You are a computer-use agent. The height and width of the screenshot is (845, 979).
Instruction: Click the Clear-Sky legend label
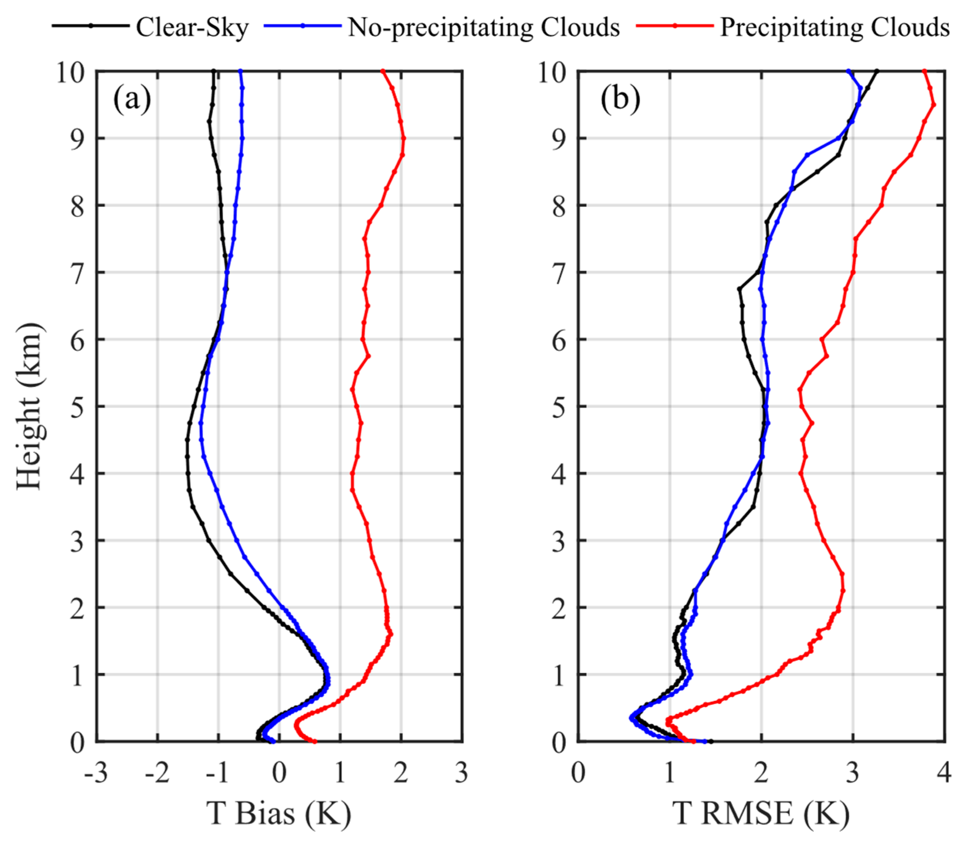pos(192,27)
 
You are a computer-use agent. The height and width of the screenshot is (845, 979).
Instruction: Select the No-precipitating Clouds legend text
pos(483,27)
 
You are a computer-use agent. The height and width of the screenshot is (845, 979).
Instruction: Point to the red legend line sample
pos(675,26)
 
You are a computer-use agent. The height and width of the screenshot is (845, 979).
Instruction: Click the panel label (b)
pos(620,100)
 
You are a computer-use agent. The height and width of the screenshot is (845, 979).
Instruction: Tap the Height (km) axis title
pos(29,406)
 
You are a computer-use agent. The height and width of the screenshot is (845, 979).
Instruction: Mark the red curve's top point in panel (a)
pos(383,71)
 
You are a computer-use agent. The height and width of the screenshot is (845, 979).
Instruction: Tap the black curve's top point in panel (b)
pos(877,71)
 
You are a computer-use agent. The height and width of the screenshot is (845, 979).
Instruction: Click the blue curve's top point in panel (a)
pos(241,71)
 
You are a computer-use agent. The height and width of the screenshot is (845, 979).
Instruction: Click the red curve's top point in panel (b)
pos(924,71)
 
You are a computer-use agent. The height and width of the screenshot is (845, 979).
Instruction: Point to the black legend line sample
pos(91,26)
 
